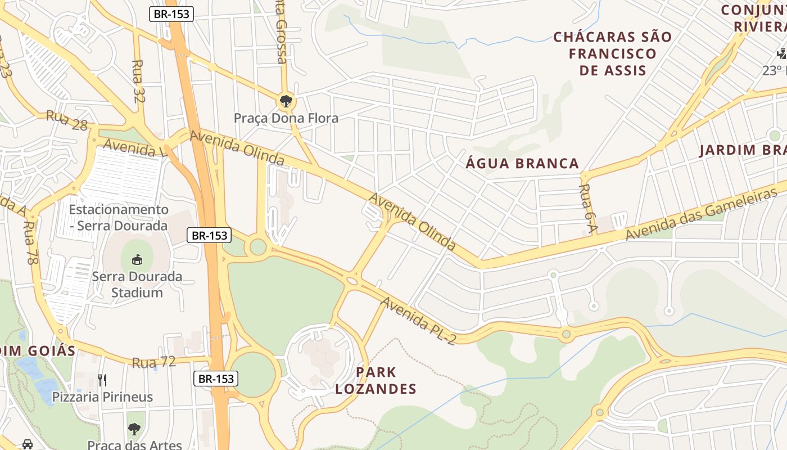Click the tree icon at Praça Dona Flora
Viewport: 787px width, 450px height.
tap(286, 101)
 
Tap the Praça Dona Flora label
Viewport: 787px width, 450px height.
tap(286, 118)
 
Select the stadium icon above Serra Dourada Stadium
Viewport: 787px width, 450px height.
tap(137, 259)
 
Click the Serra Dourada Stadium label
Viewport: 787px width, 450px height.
tap(137, 285)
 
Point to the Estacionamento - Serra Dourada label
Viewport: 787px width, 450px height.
tap(119, 218)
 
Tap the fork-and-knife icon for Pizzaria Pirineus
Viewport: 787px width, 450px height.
tap(102, 380)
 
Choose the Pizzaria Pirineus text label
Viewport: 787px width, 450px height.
tap(102, 397)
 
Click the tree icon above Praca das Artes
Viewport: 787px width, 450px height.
tap(134, 429)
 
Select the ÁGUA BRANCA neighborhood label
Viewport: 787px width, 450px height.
tap(523, 164)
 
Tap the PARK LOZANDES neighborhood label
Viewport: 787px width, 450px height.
tap(376, 380)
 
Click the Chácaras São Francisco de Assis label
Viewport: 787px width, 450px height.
tap(613, 53)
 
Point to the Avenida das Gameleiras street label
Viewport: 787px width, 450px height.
tap(701, 214)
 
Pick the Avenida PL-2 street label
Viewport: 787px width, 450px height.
tap(418, 321)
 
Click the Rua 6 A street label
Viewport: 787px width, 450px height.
tap(588, 208)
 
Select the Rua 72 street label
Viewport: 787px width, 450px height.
tap(153, 362)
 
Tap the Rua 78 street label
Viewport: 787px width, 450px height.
tap(29, 242)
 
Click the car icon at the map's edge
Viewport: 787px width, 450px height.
tap(27, 444)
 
